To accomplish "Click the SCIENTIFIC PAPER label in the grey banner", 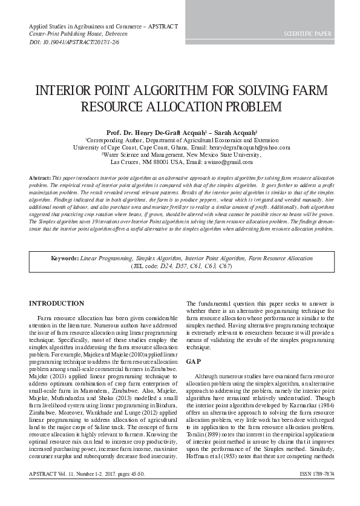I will coord(307,34).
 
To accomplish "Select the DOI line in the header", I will coord(74,43).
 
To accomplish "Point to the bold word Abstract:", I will coord(40,177).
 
